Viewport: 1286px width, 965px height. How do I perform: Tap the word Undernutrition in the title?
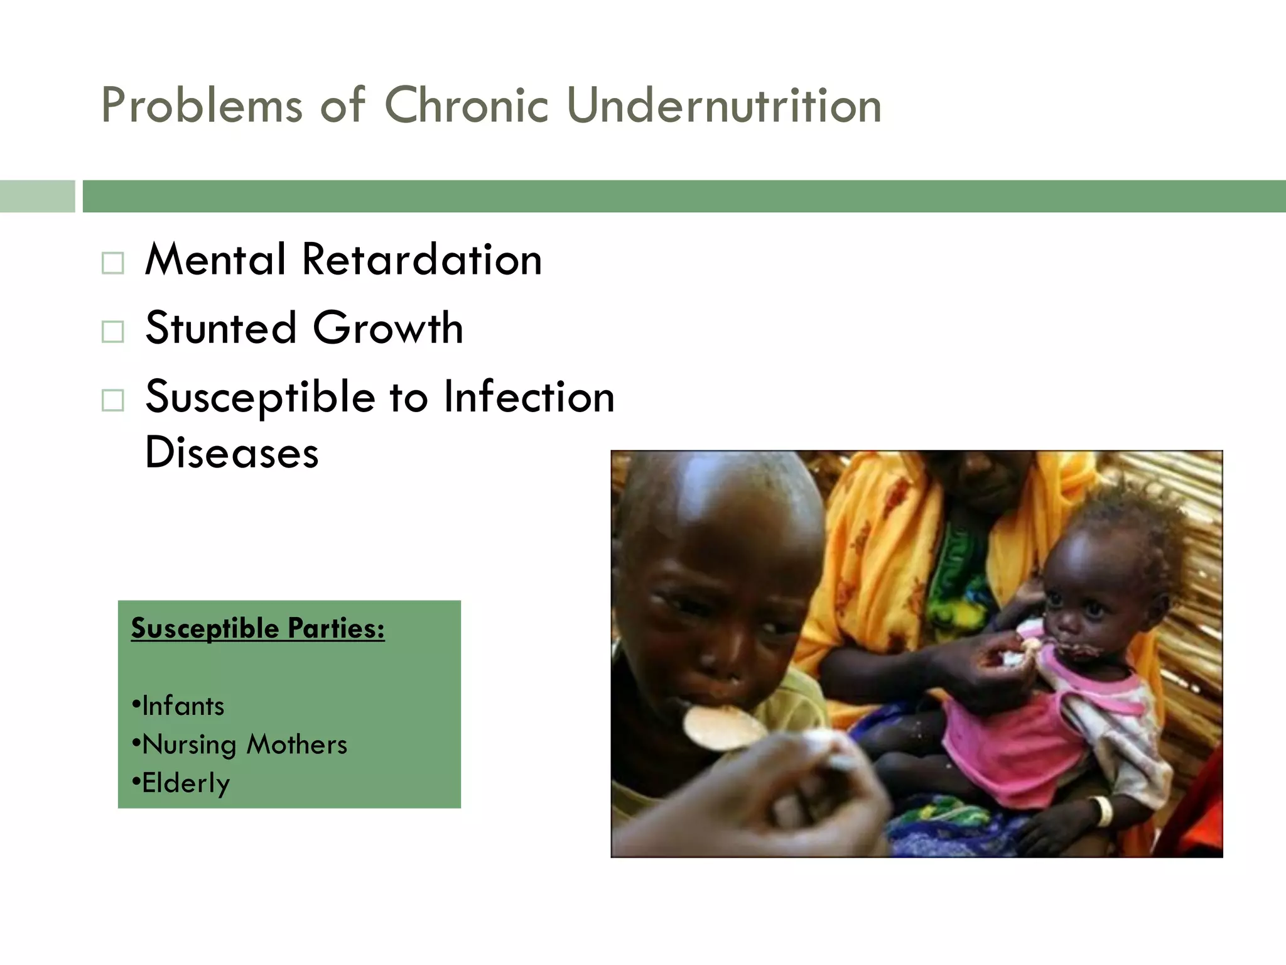pos(724,105)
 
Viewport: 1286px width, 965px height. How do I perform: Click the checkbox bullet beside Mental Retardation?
pos(112,263)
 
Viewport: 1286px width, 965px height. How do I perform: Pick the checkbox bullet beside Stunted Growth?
pos(112,331)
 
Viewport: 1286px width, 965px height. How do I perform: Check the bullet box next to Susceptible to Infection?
pos(112,400)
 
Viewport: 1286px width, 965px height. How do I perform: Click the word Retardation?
pos(421,259)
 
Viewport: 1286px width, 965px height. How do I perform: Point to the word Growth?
pos(387,328)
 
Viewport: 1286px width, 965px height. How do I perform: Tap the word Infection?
pos(529,397)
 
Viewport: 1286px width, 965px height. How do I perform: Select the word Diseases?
pos(232,452)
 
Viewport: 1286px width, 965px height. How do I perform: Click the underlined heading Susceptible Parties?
pos(257,628)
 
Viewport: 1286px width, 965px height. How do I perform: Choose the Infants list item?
pos(182,706)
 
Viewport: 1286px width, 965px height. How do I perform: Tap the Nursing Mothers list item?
pos(244,744)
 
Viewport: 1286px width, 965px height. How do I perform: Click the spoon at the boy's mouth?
pos(722,728)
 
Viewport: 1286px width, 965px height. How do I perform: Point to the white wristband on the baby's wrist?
pos(1103,810)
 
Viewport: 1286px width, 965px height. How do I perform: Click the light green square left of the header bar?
pos(37,196)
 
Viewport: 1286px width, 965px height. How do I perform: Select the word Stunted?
pos(220,328)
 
